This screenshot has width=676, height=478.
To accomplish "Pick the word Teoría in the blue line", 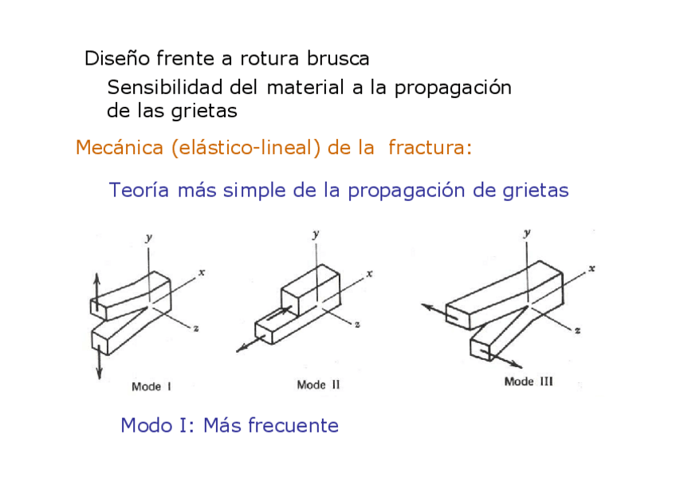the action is click(x=140, y=191).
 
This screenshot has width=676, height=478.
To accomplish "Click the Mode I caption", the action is click(x=151, y=387).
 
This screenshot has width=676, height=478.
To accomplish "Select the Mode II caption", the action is click(x=318, y=385).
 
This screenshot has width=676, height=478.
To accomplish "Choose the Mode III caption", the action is click(x=529, y=381).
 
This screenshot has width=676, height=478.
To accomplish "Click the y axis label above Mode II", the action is click(x=316, y=234).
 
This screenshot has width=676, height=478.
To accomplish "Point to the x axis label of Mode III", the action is click(x=591, y=269).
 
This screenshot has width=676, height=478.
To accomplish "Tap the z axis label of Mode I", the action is click(x=196, y=329).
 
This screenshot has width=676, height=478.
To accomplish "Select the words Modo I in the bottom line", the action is click(x=153, y=425).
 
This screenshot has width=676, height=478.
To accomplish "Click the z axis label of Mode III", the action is click(x=576, y=329).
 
